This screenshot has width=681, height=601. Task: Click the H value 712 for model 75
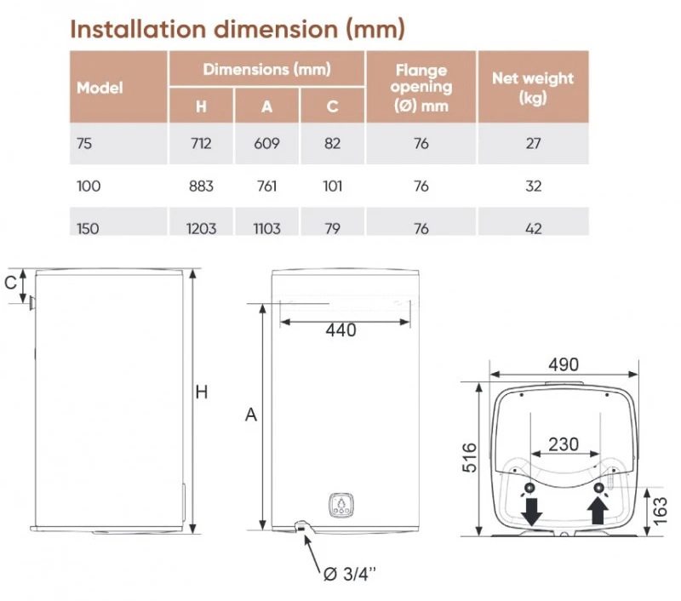(201, 143)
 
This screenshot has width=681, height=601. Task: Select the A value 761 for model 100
(266, 186)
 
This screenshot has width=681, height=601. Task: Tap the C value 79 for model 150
(332, 228)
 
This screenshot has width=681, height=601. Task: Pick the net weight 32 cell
(534, 186)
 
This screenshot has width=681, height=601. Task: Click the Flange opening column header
(421, 88)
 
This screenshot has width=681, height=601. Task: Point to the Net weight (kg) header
(533, 88)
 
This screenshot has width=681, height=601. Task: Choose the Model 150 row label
(88, 228)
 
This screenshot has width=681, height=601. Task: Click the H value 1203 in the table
(201, 228)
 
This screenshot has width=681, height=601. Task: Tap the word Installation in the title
(138, 29)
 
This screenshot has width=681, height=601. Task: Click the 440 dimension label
(341, 330)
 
